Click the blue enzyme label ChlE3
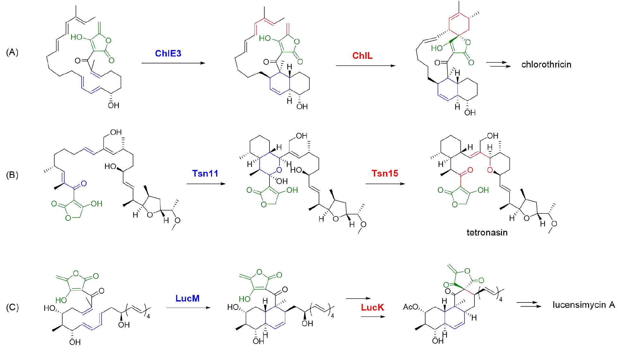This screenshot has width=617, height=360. click(x=168, y=53)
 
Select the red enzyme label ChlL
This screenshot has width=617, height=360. click(x=362, y=56)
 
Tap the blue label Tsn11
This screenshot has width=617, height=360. click(x=205, y=174)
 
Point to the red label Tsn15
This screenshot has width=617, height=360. click(x=384, y=174)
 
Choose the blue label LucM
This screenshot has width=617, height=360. click(x=187, y=298)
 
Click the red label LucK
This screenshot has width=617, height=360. click(x=372, y=307)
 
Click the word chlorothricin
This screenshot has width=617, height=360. click(x=546, y=65)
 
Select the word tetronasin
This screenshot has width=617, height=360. click(x=487, y=232)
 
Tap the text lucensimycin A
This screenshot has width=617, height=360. click(x=584, y=305)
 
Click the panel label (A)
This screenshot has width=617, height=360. click(x=12, y=52)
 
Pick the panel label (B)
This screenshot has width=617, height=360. click(x=12, y=175)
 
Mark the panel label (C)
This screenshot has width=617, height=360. click(x=12, y=307)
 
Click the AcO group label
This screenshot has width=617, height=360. click(x=410, y=307)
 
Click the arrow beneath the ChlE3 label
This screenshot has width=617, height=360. click(x=173, y=63)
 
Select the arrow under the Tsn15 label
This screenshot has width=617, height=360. click(x=385, y=184)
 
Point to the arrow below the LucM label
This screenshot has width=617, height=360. click(x=188, y=308)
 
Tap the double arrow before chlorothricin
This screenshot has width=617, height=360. click(x=498, y=64)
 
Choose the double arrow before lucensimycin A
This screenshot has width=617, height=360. click(x=529, y=304)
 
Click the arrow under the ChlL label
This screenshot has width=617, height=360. click(x=366, y=66)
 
